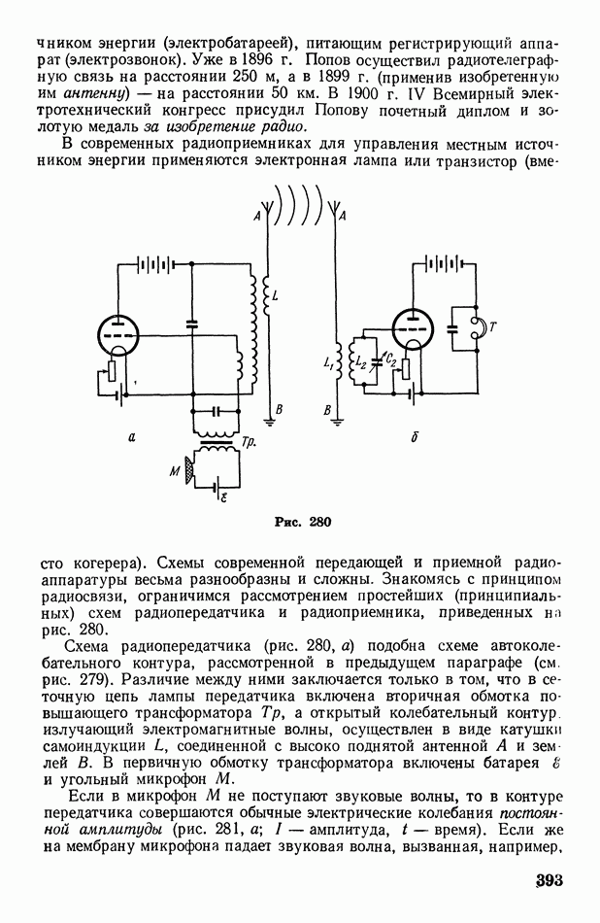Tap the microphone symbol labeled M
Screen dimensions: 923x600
189,472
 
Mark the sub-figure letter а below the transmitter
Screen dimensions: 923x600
130,438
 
